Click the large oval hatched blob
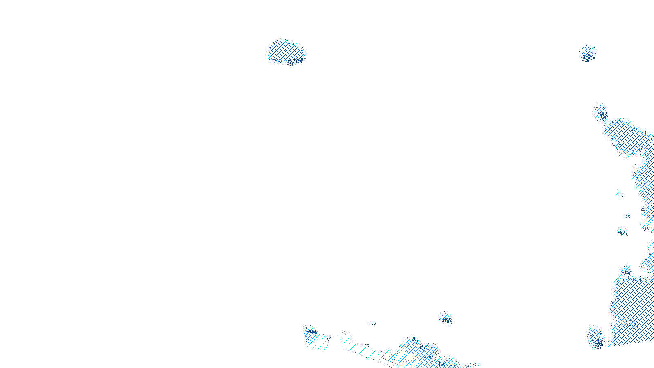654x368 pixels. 285,51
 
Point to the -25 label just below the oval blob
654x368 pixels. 291,64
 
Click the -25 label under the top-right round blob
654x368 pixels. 587,61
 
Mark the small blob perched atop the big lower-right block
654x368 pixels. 625,271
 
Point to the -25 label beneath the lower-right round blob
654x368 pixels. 599,348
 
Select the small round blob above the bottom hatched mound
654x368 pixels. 446,317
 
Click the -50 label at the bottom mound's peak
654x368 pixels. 412,338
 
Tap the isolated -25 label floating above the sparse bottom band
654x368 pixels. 373,323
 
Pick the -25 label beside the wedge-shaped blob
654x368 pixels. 328,337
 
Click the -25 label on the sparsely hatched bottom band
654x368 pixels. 366,346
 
